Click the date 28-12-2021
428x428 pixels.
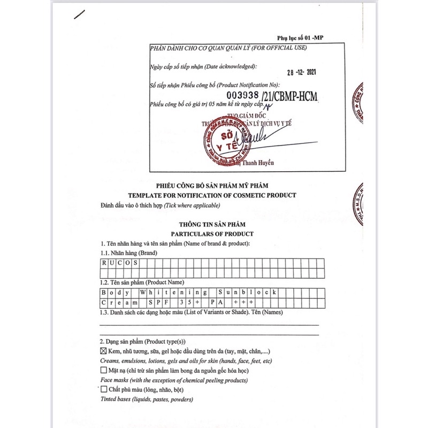click(x=303, y=73)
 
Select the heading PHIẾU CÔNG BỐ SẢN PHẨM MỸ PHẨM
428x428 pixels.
click(x=212, y=185)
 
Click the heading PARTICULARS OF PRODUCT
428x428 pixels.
click(x=212, y=234)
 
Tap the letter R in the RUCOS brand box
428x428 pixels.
click(x=105, y=263)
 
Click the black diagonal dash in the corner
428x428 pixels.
click(x=79, y=15)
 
